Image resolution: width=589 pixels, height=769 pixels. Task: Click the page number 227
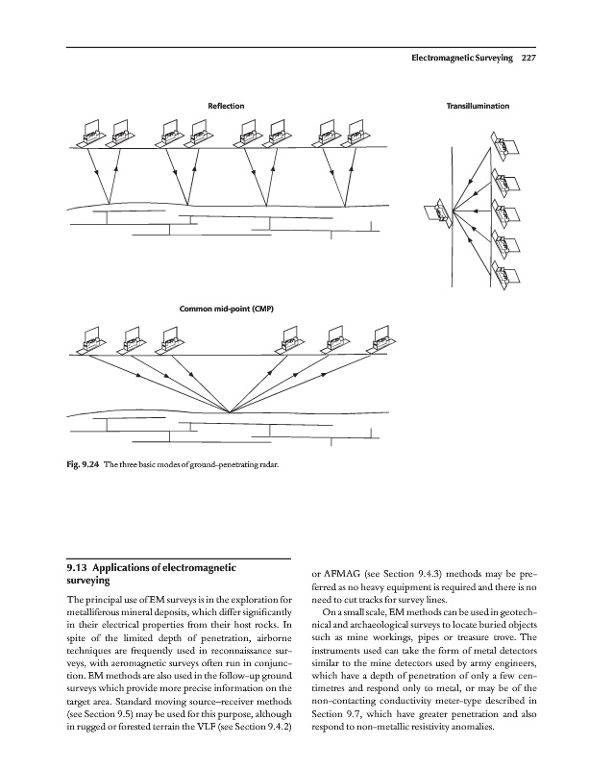pos(528,58)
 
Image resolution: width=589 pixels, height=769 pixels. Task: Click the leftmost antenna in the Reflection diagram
pos(92,134)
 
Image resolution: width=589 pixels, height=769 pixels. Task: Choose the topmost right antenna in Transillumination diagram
pos(504,143)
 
